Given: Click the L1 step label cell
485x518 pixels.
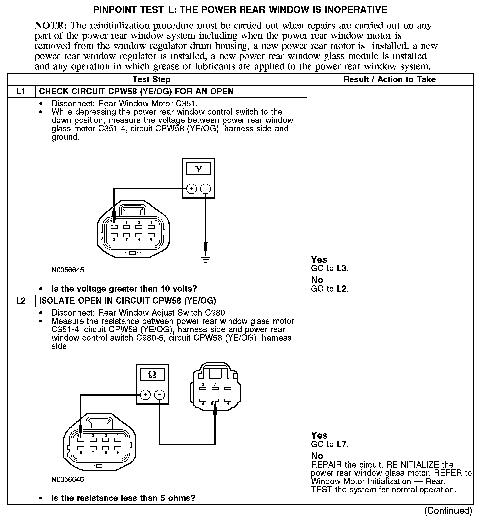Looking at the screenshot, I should coord(21,92).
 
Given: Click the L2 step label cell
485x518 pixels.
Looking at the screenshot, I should coord(21,301).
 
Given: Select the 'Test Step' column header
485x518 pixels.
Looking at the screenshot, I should coord(151,80).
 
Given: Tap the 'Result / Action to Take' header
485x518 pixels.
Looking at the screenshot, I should coord(389,80).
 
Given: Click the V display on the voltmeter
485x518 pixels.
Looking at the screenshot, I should coord(198,169).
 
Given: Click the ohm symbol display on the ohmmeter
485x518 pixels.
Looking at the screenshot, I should coord(152,375).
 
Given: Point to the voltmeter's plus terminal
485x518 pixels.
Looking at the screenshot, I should coord(191,189).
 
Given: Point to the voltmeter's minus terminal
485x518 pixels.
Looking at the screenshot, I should coord(205,189).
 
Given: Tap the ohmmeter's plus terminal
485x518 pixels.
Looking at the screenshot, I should coord(145,395).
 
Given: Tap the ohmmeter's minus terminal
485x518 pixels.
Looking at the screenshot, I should coord(160,395).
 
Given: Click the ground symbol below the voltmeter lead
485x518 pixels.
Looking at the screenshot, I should coord(206,259).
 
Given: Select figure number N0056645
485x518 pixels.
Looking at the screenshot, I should coord(68,270).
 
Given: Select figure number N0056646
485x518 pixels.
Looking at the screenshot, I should coord(68,479).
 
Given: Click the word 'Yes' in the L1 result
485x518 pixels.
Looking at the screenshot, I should coord(319,260).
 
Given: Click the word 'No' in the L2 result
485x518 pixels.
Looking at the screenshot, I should coord(317,456).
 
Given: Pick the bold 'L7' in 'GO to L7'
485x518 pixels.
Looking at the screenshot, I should coord(342,444).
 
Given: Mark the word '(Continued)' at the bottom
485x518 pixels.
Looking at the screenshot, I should coord(448,510).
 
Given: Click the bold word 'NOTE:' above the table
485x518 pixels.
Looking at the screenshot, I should coord(51,26).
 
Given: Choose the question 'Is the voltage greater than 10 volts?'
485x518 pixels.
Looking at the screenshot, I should coord(124,289).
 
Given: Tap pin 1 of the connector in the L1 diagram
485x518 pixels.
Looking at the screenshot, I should coord(151,227).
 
